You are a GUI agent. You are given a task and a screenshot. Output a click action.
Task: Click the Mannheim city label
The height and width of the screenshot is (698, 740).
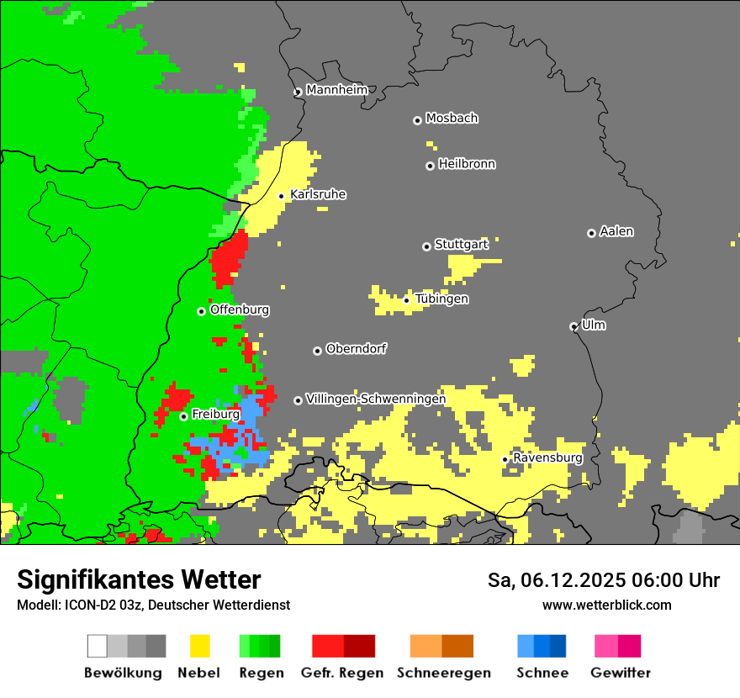(x=336, y=90)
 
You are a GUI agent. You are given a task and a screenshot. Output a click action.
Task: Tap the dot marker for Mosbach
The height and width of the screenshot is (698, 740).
(x=417, y=120)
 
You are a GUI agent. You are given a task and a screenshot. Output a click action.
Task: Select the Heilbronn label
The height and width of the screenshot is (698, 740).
(x=467, y=164)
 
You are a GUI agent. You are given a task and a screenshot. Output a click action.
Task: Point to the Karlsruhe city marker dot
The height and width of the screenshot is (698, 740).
(x=282, y=196)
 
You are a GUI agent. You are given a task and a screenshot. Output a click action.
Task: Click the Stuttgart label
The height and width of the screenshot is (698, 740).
(x=461, y=245)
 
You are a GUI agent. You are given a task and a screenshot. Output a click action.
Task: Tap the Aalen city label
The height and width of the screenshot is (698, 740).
(x=616, y=231)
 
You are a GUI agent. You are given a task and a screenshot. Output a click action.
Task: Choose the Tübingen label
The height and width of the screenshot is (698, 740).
(x=441, y=299)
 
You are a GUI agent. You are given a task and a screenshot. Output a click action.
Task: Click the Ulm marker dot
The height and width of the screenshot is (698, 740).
(x=573, y=326)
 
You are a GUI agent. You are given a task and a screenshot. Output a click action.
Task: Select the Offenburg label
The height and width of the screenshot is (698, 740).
(x=240, y=309)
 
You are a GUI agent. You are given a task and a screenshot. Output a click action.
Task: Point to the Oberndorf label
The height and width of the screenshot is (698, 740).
(x=356, y=348)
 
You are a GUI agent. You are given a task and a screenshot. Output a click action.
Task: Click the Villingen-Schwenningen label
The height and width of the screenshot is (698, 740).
(x=376, y=399)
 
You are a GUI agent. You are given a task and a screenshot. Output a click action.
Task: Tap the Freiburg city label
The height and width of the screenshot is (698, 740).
(x=215, y=415)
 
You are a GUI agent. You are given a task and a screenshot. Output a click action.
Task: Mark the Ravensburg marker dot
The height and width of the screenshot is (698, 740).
(x=505, y=459)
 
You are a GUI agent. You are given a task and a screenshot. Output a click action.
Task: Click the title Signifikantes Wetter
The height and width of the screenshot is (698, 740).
(x=139, y=579)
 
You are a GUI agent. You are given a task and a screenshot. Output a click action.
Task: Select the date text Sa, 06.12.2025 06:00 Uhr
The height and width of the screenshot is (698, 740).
(x=604, y=580)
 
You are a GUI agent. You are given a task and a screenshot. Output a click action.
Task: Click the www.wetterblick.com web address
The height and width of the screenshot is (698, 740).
(x=607, y=605)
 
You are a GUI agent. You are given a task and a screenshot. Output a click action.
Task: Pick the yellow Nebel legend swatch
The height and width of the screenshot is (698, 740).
(x=199, y=646)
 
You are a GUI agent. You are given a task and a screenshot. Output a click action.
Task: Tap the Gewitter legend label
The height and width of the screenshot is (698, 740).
(x=621, y=673)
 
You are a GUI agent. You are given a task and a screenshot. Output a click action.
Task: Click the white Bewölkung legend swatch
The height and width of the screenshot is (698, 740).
(x=98, y=646)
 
